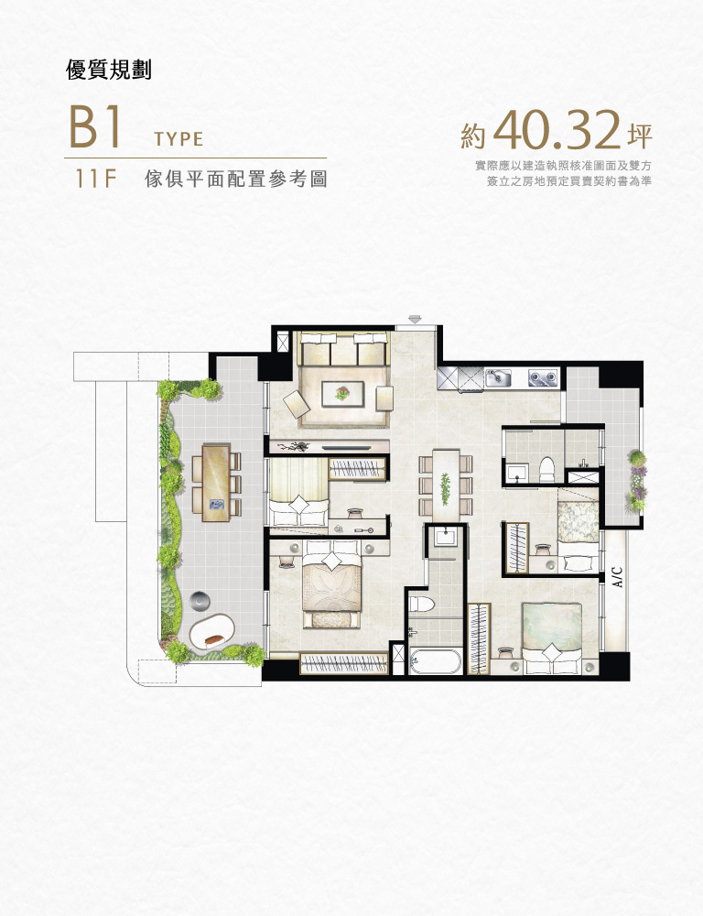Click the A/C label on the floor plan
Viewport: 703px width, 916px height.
pos(618,577)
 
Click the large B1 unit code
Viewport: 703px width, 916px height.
pos(94,129)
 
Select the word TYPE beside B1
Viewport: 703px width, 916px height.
pos(178,140)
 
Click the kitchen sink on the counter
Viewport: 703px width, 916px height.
pos(499,376)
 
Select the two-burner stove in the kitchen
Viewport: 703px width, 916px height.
pos(543,376)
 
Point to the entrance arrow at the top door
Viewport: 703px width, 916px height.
pos(416,318)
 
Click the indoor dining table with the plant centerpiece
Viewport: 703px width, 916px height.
pos(446,485)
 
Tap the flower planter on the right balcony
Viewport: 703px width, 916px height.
pos(637,481)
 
